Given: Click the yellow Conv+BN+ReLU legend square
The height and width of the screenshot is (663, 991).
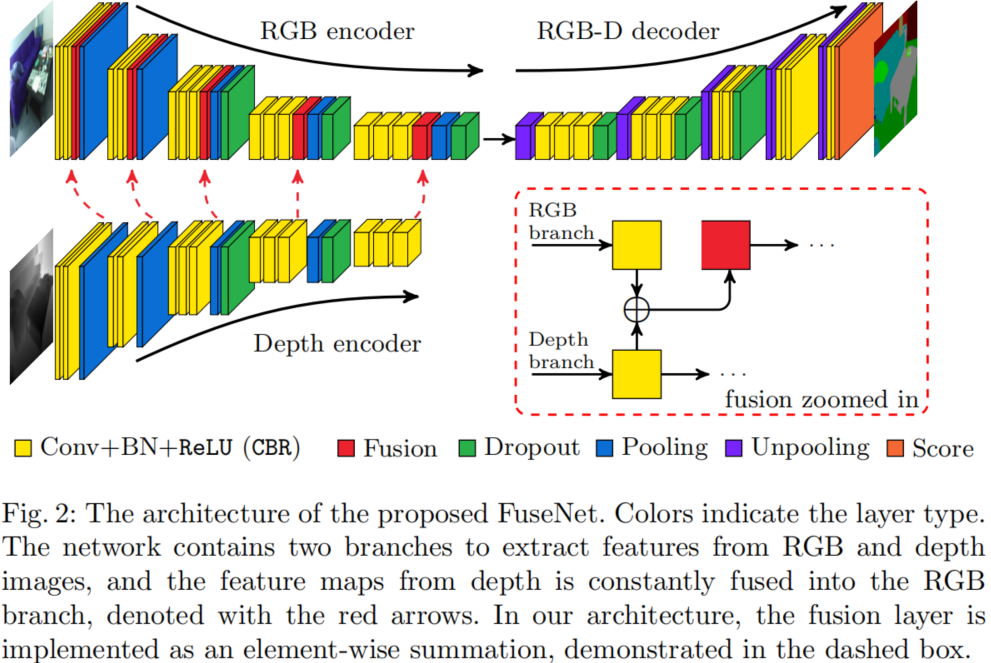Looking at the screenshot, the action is click(x=23, y=448).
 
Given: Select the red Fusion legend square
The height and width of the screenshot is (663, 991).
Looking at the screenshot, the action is click(x=346, y=448).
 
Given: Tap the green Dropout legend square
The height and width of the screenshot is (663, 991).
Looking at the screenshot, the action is click(x=466, y=448).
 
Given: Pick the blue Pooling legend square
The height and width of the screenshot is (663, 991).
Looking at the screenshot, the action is click(x=605, y=448).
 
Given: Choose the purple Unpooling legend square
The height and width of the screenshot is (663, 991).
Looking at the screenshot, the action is click(x=734, y=448).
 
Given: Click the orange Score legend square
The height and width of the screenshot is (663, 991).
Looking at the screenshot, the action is click(x=895, y=448).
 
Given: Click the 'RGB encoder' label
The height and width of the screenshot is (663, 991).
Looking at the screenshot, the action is click(x=337, y=31).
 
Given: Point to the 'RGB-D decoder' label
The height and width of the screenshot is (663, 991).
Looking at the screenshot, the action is click(x=628, y=31).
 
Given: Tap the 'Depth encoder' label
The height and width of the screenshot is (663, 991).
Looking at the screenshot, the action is click(x=337, y=344).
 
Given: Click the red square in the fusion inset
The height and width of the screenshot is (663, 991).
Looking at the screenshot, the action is click(x=726, y=245).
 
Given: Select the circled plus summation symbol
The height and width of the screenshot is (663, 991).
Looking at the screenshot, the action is click(x=636, y=310).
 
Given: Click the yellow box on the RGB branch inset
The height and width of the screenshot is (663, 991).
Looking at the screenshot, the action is click(x=636, y=245).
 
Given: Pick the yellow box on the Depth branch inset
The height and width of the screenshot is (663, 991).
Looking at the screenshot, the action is click(x=636, y=374).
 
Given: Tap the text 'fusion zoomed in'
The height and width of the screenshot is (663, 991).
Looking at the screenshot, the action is click(x=822, y=399).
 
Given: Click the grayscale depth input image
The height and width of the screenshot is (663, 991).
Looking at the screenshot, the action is click(x=32, y=307).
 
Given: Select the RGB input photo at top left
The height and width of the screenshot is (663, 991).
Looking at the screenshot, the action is click(x=32, y=79).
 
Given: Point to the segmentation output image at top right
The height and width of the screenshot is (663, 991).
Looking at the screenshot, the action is click(x=895, y=79).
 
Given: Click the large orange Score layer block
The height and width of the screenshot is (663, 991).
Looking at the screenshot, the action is click(x=861, y=81).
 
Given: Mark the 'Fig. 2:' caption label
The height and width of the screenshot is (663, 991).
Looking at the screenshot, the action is click(x=39, y=514).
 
